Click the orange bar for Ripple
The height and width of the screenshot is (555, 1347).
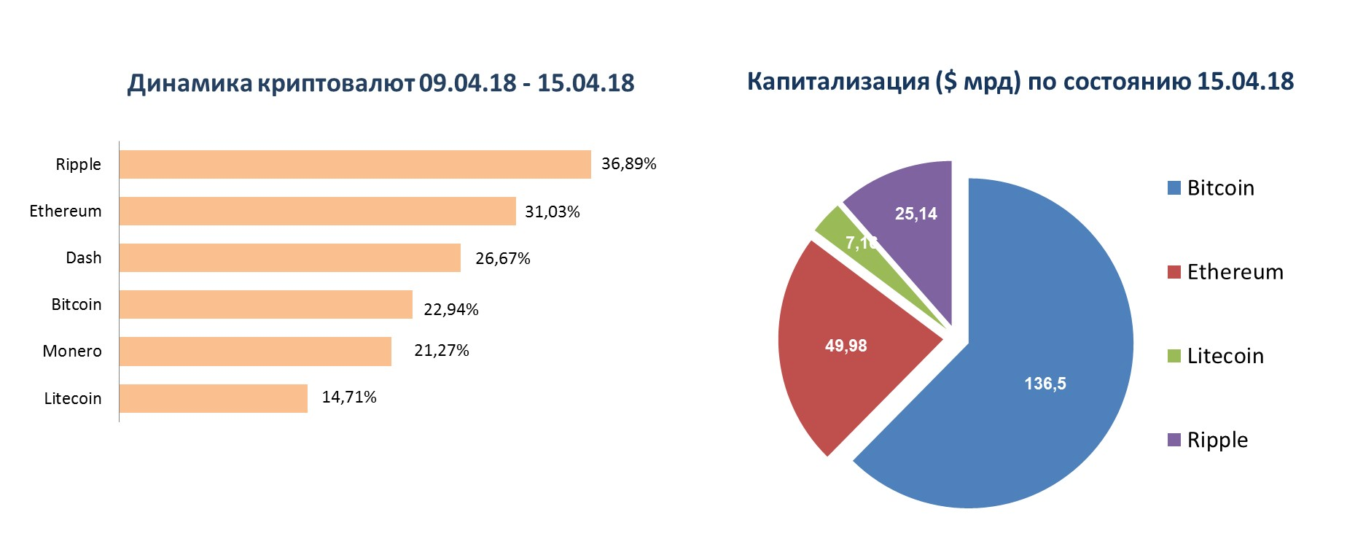[x=356, y=164]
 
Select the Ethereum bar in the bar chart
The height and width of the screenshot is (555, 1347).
[x=318, y=211]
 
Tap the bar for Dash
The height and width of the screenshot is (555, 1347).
[x=290, y=258]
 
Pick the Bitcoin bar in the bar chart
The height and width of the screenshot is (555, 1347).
[x=267, y=305]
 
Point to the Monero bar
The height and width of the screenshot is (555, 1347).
[x=257, y=352]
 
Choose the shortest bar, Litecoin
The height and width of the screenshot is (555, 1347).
[x=214, y=398]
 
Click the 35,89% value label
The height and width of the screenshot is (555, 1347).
[x=629, y=163]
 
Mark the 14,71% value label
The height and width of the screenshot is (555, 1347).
[x=350, y=397]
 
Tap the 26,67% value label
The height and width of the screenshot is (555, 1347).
[x=502, y=259]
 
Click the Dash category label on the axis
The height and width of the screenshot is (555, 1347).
[x=84, y=258]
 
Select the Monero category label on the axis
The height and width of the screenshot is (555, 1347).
[x=72, y=352]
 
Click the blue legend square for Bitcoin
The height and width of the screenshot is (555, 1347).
[x=1174, y=189]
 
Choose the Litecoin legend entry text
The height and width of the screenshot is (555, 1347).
[x=1225, y=356]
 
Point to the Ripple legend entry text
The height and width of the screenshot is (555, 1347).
[x=1217, y=440]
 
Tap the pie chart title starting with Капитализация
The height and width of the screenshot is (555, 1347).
[x=1020, y=81]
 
